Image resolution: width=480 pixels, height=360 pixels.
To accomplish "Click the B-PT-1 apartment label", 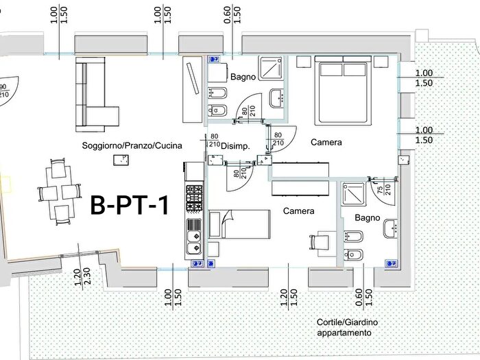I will coord(130,205).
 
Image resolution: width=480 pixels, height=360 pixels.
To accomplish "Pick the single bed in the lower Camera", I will coord(237,224).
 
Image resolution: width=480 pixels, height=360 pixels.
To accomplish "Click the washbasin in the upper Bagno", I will coord(277,98).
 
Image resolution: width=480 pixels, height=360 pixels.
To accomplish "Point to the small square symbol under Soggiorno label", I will coord(121,160).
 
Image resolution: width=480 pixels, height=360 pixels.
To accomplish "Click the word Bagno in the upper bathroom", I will coord(243,77).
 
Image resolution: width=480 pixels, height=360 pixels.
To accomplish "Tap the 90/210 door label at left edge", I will coord(3,91).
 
